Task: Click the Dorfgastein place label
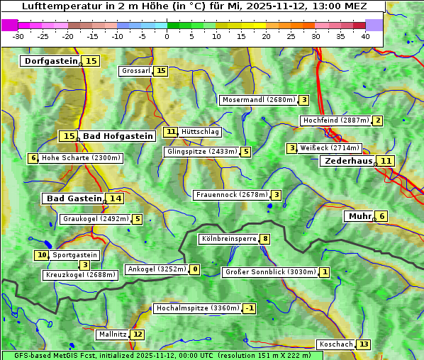tap(50, 61)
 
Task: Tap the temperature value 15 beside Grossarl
tap(161, 71)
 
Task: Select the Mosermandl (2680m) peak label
tap(258, 100)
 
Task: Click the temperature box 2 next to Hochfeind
tap(378, 120)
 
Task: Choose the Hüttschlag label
tap(201, 132)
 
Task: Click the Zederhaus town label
tap(348, 161)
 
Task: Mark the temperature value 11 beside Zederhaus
tap(385, 161)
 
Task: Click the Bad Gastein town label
tap(74, 198)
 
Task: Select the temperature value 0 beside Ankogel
tap(194, 269)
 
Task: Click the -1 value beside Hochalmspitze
tap(249, 308)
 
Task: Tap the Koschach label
tap(335, 344)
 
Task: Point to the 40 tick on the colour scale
tap(365, 36)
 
